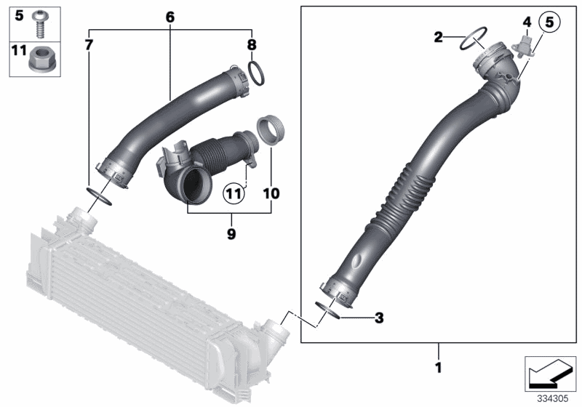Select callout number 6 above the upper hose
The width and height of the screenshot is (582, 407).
(170, 16)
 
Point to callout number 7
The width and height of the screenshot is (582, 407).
(89, 45)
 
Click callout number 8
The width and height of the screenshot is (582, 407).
(252, 45)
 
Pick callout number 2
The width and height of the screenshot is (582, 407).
(437, 37)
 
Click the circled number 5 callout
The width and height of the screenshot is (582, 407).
(549, 23)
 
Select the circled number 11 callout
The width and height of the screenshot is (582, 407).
(232, 194)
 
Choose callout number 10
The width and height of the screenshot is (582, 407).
(271, 194)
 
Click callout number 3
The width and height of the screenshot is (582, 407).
(378, 318)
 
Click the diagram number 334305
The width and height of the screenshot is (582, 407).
(554, 398)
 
